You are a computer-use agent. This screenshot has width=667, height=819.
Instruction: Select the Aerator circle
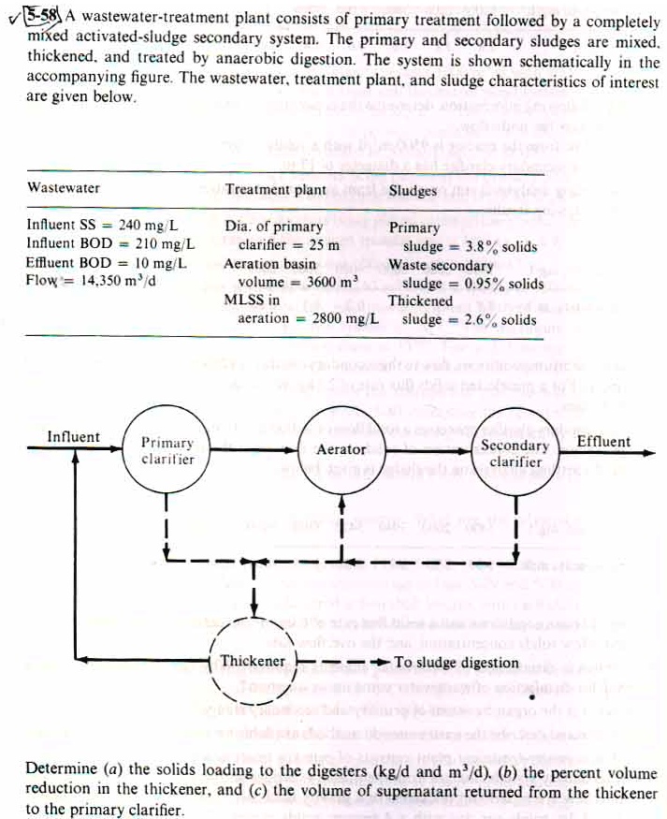(341, 450)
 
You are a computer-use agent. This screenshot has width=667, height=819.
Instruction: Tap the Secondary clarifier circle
(515, 453)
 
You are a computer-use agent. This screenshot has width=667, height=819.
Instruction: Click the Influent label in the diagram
(73, 437)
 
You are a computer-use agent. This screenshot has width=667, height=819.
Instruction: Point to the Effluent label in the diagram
(603, 441)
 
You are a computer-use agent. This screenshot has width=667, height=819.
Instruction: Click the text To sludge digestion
(457, 663)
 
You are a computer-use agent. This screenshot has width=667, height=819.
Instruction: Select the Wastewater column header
(63, 188)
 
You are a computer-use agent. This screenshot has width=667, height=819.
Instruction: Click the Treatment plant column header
(276, 189)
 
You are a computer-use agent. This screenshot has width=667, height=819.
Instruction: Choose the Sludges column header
(413, 190)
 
